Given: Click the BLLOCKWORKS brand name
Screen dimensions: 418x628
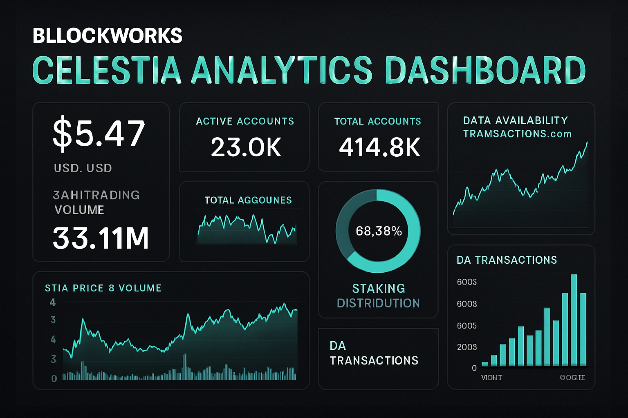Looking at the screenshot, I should [107, 36].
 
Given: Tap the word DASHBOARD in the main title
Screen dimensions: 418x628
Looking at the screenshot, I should [485, 70].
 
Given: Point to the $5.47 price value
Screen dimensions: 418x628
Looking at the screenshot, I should [99, 133].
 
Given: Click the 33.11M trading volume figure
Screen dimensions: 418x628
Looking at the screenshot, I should [101, 238].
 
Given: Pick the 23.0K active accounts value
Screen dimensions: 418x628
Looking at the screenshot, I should [246, 147].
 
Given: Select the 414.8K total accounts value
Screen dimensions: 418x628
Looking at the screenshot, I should [379, 147].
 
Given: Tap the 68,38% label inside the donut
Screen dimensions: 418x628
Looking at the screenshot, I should [379, 231].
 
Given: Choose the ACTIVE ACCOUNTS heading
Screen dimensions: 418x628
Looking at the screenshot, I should [245, 121].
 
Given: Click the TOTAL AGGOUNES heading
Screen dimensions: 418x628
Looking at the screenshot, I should [248, 200].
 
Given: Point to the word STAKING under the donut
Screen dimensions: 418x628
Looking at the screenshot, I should [379, 289].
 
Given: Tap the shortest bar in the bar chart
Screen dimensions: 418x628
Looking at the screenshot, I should [485, 364].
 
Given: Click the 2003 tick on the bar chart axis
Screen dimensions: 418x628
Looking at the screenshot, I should [467, 347].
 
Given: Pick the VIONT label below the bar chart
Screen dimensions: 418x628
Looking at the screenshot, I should [491, 378].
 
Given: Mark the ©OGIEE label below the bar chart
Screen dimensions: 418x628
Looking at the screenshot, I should [572, 378].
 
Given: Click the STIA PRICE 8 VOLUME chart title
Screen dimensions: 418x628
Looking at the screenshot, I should [103, 288].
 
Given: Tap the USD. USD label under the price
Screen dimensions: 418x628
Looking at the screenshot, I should [83, 168].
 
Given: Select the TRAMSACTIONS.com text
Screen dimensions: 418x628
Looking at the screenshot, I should [517, 134].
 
